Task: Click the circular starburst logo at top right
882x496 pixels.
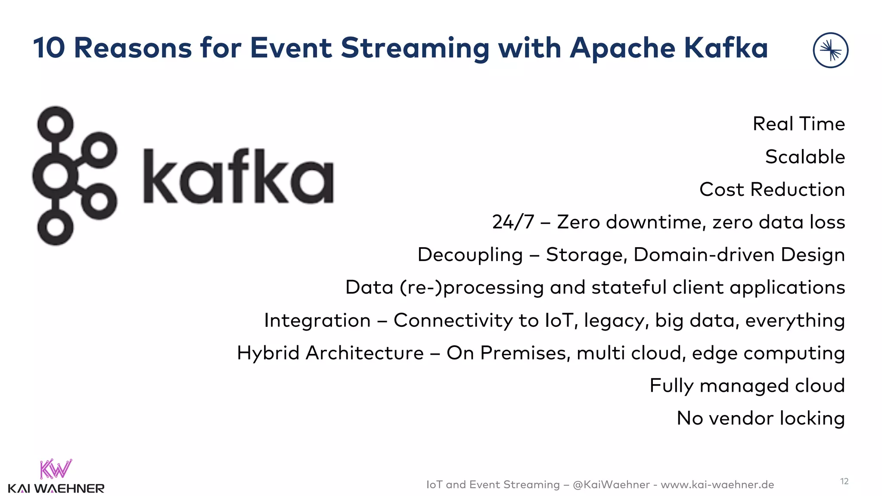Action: tap(830, 50)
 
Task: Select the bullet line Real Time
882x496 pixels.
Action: tap(798, 124)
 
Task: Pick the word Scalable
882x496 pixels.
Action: tap(804, 157)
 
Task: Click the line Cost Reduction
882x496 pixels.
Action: tap(772, 189)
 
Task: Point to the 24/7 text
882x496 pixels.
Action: tap(512, 222)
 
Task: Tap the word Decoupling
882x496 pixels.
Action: tap(470, 255)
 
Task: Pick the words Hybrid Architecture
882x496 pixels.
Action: tap(330, 353)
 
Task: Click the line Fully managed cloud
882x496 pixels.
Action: tap(747, 386)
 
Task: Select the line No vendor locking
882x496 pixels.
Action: tap(760, 418)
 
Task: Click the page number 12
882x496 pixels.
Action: tap(844, 481)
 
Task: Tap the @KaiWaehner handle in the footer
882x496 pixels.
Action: tap(611, 485)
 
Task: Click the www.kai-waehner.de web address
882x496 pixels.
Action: tap(717, 485)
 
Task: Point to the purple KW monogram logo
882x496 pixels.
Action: tap(56, 469)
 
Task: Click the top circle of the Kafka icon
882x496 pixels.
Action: tap(55, 124)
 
